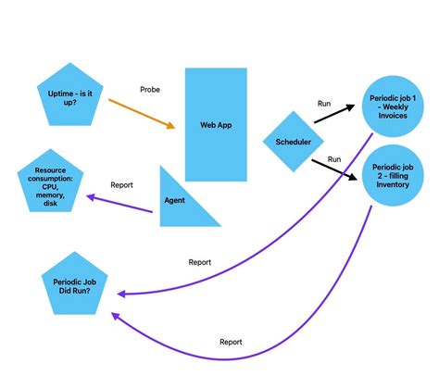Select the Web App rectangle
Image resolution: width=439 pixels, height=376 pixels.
click(x=216, y=124)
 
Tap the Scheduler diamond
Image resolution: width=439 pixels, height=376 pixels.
click(x=294, y=142)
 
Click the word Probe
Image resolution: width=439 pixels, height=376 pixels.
click(x=151, y=90)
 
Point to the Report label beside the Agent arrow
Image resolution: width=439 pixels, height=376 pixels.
click(x=122, y=185)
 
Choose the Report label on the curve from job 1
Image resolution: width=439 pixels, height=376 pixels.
click(x=200, y=262)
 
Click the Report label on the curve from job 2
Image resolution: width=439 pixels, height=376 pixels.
click(x=231, y=342)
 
